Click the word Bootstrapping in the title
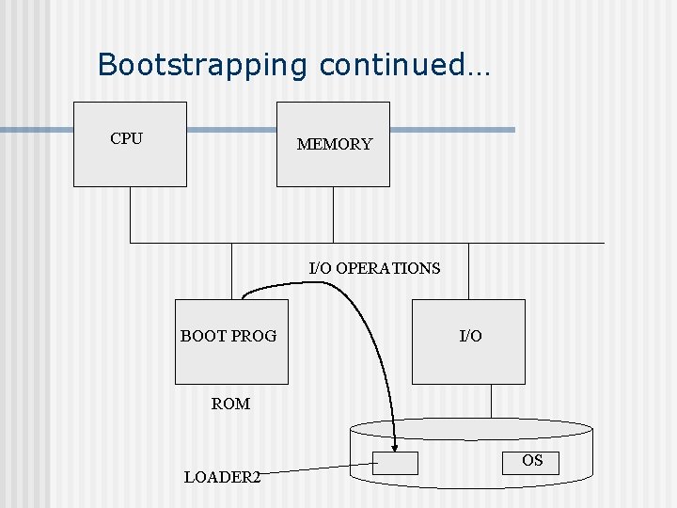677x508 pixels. (x=203, y=65)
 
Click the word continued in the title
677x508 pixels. (x=391, y=65)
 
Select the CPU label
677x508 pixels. (x=126, y=139)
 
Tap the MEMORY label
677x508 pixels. (x=334, y=145)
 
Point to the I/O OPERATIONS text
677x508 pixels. (x=374, y=268)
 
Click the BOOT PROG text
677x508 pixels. (x=228, y=336)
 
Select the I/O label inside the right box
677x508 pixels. (x=470, y=336)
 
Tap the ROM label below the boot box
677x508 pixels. (x=230, y=404)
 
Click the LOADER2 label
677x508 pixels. (x=222, y=477)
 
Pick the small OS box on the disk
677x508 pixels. (x=532, y=462)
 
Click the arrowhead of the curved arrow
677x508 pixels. (x=396, y=447)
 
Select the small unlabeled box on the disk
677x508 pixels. (x=395, y=463)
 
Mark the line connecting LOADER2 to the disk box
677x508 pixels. (x=320, y=468)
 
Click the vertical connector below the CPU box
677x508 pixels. (x=131, y=214)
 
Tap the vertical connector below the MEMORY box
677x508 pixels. (x=333, y=214)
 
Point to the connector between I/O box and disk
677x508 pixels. (x=491, y=401)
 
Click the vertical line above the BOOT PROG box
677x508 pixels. (x=231, y=271)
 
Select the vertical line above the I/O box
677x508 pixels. (x=467, y=271)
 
